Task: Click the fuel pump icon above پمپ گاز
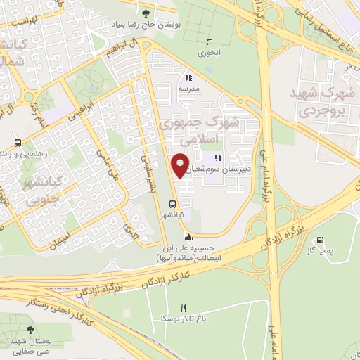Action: [x=322, y=240]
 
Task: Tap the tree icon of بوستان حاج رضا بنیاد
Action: [x=146, y=13]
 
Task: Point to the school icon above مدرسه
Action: [x=188, y=78]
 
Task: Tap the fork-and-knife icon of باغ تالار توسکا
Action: [x=184, y=308]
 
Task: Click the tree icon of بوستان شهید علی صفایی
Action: [x=30, y=328]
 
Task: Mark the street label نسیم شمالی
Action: [x=149, y=173]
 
